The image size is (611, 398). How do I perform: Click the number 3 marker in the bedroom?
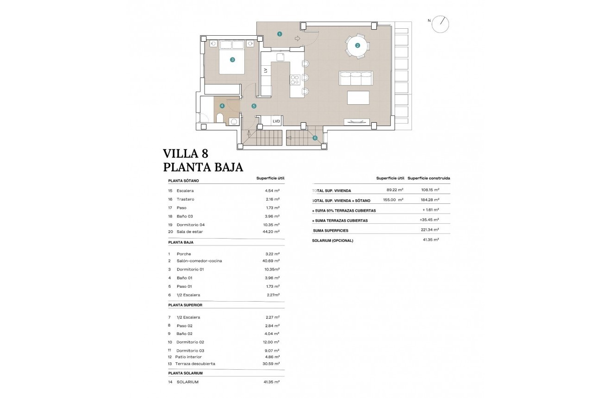tap(232, 59)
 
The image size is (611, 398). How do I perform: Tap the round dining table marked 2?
tap(357, 45)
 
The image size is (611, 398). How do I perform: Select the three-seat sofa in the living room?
tap(355, 78)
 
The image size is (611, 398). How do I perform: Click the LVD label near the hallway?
tap(276, 121)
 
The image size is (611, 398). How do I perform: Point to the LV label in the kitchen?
tap(266, 70)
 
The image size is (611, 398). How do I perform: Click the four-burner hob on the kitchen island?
tap(295, 80)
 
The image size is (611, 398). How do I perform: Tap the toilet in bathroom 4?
tap(220, 118)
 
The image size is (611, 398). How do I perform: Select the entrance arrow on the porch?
tap(297, 38)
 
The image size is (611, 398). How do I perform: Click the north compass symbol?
tap(440, 24)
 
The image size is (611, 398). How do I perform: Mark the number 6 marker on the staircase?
tap(315, 138)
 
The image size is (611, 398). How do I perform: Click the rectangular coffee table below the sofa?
tap(358, 98)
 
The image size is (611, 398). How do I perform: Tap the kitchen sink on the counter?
tap(280, 57)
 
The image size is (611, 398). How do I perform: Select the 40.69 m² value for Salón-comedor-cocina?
tap(271, 261)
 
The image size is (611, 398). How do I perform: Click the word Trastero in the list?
tap(185, 199)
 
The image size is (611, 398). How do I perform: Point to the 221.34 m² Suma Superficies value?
tap(429, 230)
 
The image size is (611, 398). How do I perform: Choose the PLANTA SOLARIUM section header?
tap(186, 373)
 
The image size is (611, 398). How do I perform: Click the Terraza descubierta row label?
tap(195, 364)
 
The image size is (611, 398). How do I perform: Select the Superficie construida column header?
tap(429, 178)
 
